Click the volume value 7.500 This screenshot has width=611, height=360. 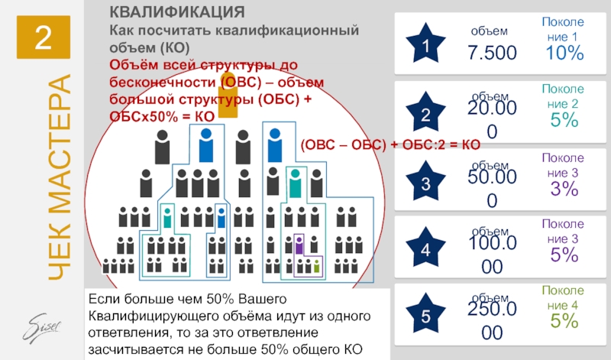click(492, 53)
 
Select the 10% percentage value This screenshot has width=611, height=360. click(564, 53)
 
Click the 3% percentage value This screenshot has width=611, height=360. click(564, 190)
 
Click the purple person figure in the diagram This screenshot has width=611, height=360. click(299, 245)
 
